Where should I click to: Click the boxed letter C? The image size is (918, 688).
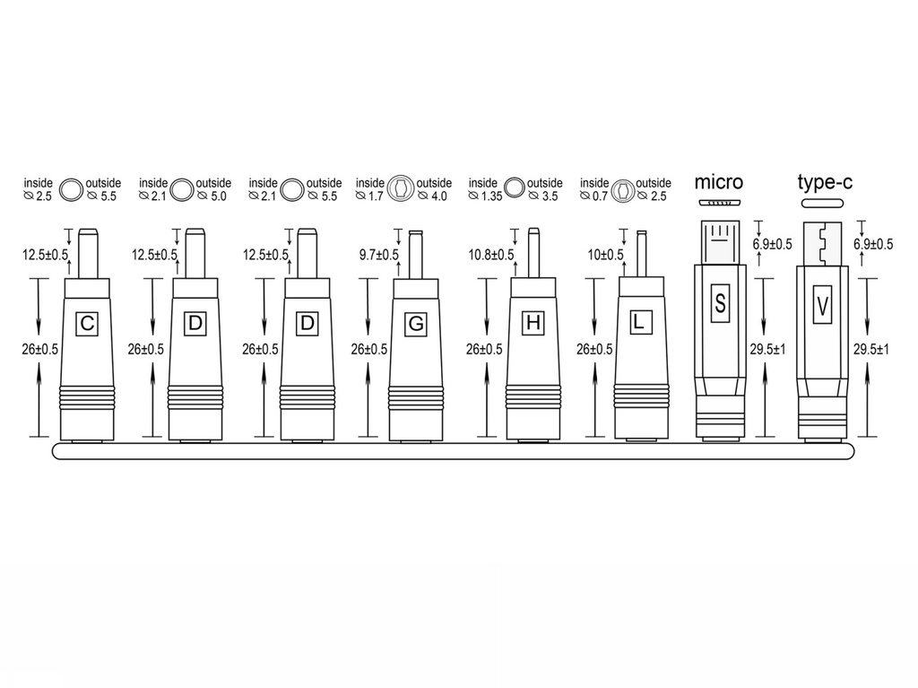pos(87,323)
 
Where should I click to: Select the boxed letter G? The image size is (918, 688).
pos(416,324)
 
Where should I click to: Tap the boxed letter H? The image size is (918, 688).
pos(533,322)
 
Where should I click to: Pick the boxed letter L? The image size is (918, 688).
pos(641,322)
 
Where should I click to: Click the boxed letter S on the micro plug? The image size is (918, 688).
pos(720,303)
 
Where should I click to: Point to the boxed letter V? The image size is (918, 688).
pos(823,304)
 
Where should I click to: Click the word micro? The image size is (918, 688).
pos(718,182)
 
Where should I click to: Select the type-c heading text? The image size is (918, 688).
pos(825,182)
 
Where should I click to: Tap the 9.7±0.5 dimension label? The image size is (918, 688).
pos(379,255)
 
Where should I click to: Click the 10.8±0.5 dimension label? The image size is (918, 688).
pos(491,255)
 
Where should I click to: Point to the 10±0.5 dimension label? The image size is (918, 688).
pos(605,255)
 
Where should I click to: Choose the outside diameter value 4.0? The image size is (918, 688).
pos(439,196)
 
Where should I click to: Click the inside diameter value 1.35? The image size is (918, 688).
pos(492,196)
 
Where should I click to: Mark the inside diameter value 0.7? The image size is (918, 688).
pos(600,196)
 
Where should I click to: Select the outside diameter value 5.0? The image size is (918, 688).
pos(219,196)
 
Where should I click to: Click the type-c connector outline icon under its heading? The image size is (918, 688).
pos(823,204)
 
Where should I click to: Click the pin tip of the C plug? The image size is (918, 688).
pos(87,230)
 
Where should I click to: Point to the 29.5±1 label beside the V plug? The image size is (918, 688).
pos(870,350)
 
